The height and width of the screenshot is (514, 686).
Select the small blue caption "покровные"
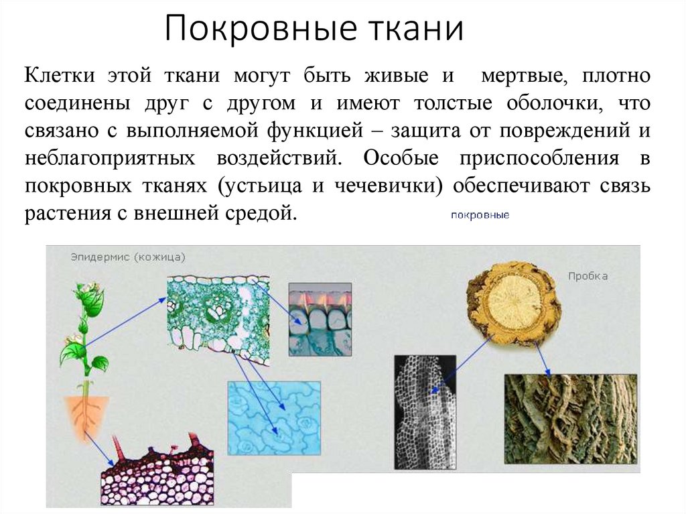(x=480, y=215)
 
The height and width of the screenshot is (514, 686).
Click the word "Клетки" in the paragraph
(x=60, y=75)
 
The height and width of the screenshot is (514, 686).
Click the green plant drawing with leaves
(x=84, y=328)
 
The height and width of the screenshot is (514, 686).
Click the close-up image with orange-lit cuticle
(x=320, y=319)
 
